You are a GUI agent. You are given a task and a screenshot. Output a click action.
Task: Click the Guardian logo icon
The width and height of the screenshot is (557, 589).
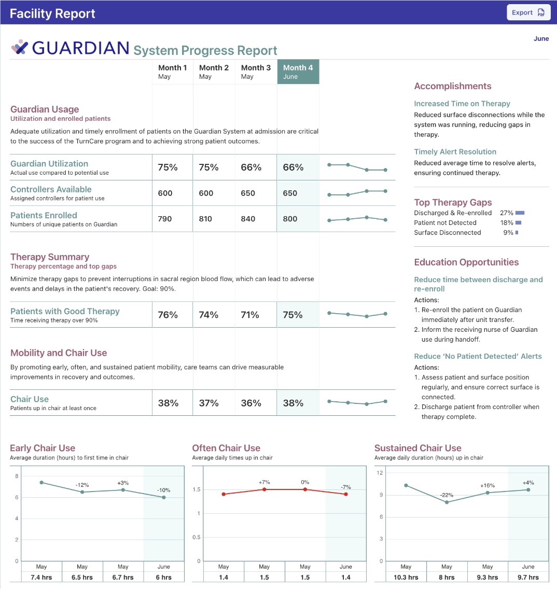(20, 47)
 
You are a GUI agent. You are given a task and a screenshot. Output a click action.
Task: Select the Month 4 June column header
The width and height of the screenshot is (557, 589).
(298, 72)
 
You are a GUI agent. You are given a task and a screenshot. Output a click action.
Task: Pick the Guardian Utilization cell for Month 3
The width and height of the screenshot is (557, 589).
(251, 167)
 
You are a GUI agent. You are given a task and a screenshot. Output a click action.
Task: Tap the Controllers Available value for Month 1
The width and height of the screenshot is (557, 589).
(165, 193)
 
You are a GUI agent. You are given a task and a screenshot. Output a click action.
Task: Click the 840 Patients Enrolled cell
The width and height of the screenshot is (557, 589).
(248, 219)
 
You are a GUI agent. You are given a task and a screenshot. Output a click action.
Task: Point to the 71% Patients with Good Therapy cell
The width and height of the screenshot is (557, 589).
(250, 315)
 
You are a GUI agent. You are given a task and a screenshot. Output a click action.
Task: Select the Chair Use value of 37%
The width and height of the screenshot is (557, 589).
(208, 403)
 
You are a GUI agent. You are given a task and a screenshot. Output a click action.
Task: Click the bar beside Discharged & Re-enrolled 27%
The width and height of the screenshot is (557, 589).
(520, 213)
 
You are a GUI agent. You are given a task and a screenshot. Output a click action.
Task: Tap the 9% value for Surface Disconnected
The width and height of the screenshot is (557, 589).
(508, 233)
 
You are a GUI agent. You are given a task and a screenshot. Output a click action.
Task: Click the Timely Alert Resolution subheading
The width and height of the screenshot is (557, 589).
(455, 152)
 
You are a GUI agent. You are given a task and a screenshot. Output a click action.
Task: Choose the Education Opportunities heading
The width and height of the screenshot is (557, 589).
(466, 262)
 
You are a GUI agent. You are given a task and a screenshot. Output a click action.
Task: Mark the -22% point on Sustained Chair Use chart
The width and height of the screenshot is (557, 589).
(447, 502)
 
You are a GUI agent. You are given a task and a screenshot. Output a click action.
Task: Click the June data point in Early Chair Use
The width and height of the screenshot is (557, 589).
(164, 497)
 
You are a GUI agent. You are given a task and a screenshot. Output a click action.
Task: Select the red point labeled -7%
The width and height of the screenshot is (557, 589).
(346, 494)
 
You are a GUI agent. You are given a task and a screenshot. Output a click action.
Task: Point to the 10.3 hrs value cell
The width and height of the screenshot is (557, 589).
(406, 577)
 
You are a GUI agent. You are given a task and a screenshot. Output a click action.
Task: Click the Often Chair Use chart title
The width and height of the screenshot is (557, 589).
(226, 448)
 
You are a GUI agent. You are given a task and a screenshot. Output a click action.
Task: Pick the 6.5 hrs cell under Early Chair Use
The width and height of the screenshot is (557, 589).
(82, 577)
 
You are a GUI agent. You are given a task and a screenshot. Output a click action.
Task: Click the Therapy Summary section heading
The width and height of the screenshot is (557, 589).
(50, 257)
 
